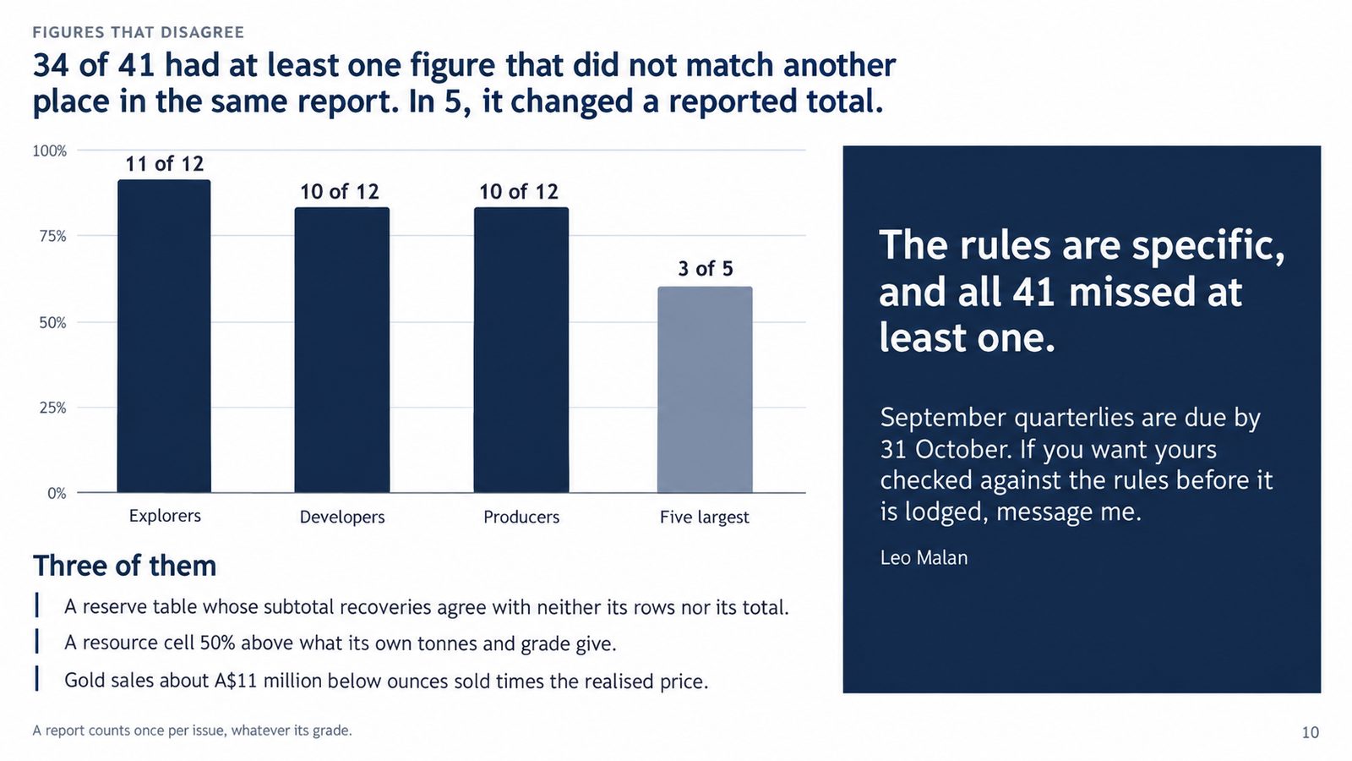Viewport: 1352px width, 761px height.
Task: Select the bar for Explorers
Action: [x=164, y=336]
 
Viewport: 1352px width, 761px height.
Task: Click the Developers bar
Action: [x=341, y=350]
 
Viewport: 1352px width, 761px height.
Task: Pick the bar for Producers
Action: [x=521, y=350]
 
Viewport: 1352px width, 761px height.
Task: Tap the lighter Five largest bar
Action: [x=705, y=390]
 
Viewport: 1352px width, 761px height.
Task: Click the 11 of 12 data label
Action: [x=164, y=164]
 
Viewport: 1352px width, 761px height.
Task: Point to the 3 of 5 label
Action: [x=705, y=268]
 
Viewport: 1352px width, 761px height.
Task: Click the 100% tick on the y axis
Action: [x=50, y=151]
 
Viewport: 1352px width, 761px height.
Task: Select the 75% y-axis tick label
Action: [x=53, y=236]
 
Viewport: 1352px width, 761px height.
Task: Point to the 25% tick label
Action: [x=53, y=408]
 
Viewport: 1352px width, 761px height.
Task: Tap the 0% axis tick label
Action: [x=57, y=494]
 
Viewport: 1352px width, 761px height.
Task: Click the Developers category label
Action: [x=342, y=517]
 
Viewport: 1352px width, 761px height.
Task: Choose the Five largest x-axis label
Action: [x=705, y=517]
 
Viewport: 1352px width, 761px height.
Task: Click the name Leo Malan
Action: [x=924, y=557]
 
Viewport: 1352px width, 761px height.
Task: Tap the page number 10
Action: [x=1311, y=732]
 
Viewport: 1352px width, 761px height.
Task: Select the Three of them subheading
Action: [x=124, y=566]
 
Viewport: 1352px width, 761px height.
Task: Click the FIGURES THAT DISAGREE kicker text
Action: [x=139, y=32]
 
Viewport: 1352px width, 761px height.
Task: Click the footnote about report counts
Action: [x=192, y=731]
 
